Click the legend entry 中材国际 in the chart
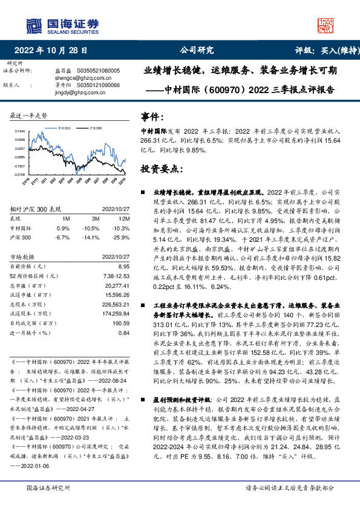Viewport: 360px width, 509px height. coord(65,129)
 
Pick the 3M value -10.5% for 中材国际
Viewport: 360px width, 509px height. coord(90,229)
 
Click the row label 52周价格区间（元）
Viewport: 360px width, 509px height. coord(35,275)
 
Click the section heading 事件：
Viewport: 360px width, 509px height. coord(152,117)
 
